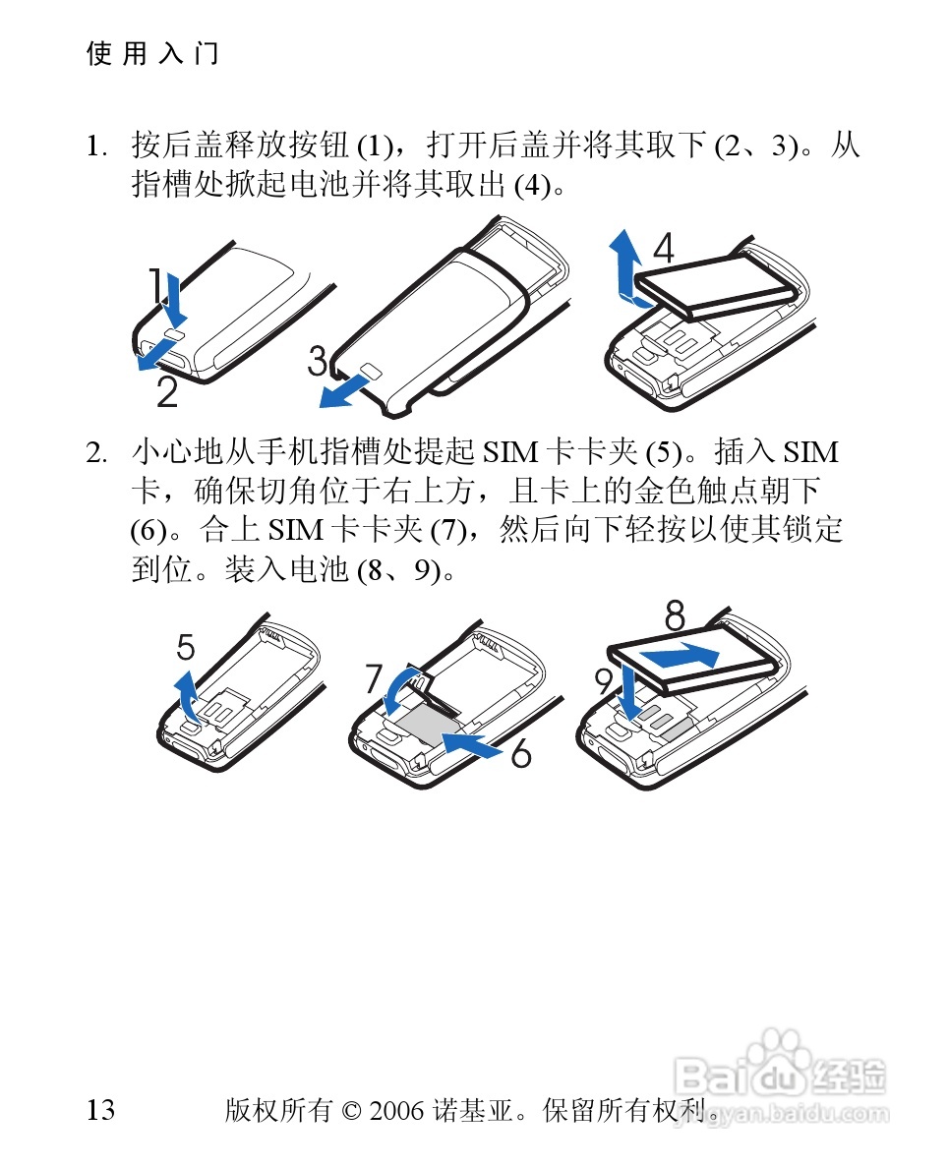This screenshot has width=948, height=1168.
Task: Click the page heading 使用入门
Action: pyautogui.click(x=152, y=54)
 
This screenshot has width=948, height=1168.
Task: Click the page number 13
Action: pyautogui.click(x=100, y=1110)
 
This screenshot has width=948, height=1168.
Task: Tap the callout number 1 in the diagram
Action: pyautogui.click(x=155, y=285)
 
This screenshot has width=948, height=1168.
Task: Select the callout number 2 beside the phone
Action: pyautogui.click(x=168, y=392)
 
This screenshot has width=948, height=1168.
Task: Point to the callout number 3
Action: pyautogui.click(x=318, y=361)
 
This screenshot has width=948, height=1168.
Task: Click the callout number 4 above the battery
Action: pyautogui.click(x=663, y=248)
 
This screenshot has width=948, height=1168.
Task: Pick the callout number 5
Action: pyautogui.click(x=186, y=647)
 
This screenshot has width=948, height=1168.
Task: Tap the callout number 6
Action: pyautogui.click(x=521, y=753)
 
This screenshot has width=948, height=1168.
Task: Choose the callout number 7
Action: pyautogui.click(x=374, y=678)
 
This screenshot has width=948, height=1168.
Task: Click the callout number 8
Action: pyautogui.click(x=675, y=615)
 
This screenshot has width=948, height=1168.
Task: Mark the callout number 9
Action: pyautogui.click(x=603, y=681)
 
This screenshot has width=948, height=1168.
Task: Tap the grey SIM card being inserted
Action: pyautogui.click(x=426, y=724)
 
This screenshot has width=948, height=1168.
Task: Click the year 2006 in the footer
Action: pyautogui.click(x=396, y=1111)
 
